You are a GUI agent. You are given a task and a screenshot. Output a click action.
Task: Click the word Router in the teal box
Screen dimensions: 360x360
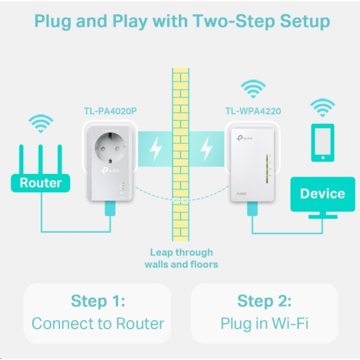[41, 183]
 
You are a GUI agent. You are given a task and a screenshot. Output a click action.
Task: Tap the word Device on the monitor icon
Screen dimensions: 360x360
[323, 193]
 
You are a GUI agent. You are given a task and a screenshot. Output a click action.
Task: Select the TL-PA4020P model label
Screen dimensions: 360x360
[110, 111]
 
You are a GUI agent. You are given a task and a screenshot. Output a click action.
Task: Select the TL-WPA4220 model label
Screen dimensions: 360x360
[253, 111]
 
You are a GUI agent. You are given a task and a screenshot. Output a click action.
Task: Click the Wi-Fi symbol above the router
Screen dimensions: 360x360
[41, 123]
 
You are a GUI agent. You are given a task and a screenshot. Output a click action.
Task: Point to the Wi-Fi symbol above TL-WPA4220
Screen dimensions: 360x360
[253, 89]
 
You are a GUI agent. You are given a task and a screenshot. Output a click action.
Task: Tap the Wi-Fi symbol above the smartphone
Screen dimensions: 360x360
[323, 108]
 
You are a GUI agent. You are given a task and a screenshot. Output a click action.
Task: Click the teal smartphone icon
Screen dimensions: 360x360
[323, 143]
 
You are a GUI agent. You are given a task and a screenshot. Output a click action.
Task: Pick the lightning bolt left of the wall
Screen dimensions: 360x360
[155, 149]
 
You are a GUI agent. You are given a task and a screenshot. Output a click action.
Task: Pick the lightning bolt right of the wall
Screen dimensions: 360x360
[206, 149]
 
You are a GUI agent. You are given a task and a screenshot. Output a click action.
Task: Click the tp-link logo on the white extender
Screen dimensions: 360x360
[245, 138]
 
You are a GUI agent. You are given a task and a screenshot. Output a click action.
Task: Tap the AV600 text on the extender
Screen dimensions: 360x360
[241, 194]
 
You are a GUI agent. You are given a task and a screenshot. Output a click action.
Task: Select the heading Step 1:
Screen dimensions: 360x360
[98, 301]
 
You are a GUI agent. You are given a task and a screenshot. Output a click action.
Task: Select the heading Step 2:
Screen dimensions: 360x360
[264, 301]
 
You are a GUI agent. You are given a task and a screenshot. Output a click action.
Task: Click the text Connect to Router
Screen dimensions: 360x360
[98, 323]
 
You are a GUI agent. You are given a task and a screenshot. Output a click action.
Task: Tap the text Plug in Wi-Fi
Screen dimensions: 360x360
[264, 323]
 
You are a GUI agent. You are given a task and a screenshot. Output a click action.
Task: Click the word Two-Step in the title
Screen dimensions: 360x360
[234, 21]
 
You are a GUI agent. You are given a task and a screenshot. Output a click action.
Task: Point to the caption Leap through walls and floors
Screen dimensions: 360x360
[181, 258]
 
